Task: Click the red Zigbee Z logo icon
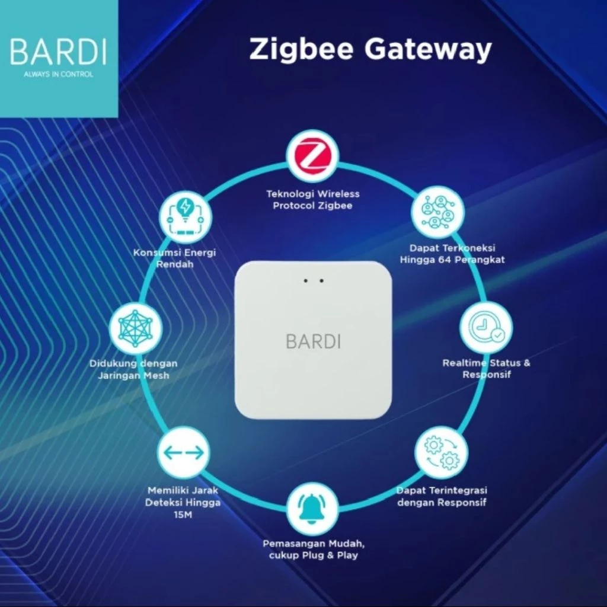312,156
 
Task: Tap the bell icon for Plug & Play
312,509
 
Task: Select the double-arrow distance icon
183,452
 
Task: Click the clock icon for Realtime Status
486,328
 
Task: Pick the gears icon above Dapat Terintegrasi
441,452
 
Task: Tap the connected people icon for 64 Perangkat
439,212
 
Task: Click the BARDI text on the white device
313,341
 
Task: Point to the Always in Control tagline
58,75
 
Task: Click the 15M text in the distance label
183,515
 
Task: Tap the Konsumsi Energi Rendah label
175,258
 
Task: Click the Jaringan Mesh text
133,375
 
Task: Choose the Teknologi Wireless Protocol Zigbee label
312,200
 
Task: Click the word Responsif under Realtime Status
487,375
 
